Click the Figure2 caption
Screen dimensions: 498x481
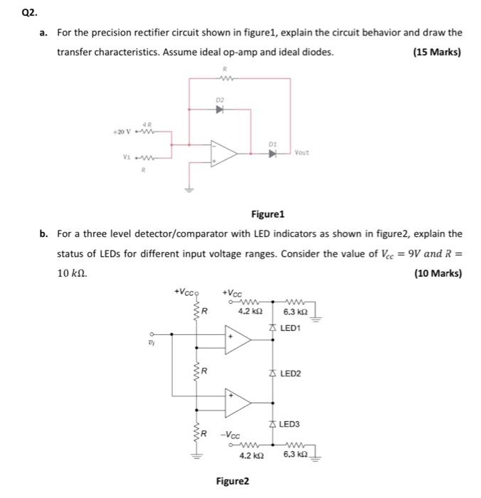point(233,481)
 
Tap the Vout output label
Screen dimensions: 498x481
point(302,153)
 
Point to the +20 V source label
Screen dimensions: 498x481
point(124,132)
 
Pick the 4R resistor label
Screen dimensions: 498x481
point(147,124)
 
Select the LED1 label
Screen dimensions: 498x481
point(291,328)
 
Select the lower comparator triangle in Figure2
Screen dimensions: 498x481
point(238,403)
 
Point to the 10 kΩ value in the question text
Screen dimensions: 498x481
point(73,273)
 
